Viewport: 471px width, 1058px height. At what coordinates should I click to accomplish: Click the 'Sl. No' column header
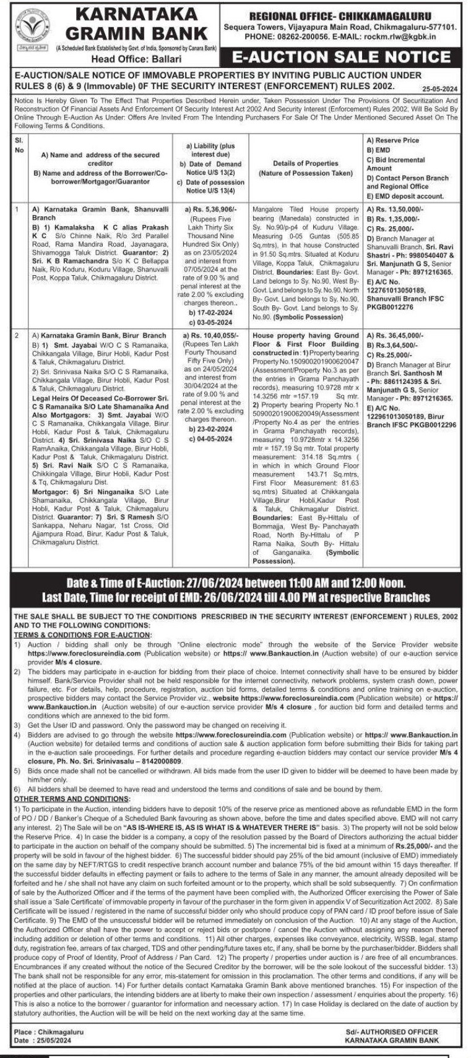pyautogui.click(x=19, y=145)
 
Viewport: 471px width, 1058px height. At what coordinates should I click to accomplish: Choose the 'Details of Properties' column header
pyautogui.click(x=306, y=163)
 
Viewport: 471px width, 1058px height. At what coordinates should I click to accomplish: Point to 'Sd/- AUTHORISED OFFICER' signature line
pyautogui.click(x=392, y=1031)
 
